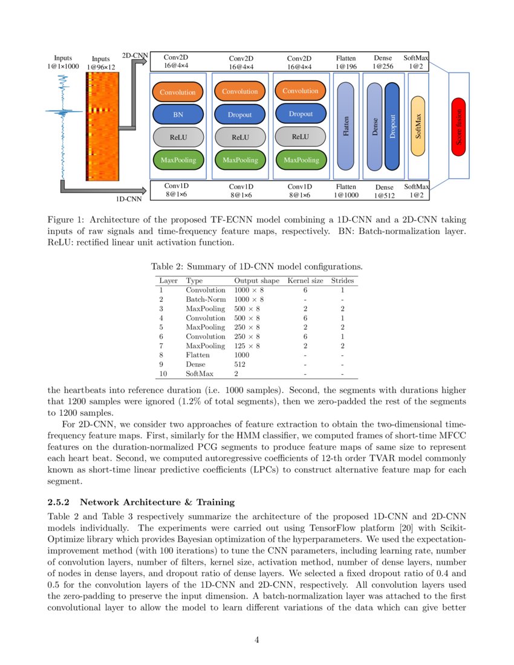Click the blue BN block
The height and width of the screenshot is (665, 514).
pos(178,114)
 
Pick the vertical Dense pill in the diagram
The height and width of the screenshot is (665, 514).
pos(375,126)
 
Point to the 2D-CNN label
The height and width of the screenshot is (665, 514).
pos(135,56)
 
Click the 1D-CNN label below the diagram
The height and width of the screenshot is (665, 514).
pos(129,198)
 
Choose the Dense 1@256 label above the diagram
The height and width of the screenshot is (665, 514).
pos(383,62)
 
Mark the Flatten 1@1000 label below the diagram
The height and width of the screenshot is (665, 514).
pos(346,191)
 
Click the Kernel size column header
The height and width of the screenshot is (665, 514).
pos(305,281)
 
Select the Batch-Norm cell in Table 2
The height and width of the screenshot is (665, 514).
pos(206,299)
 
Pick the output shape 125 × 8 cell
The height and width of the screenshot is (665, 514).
pos(247,346)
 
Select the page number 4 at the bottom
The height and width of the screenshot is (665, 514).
pos(257,641)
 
